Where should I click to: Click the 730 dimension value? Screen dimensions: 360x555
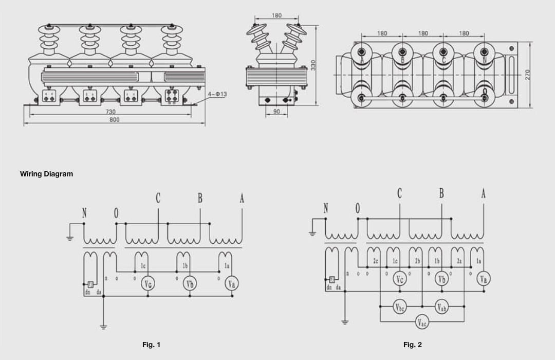[x=110, y=111]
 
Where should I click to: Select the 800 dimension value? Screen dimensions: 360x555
[x=114, y=119]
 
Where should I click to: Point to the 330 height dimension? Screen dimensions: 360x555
[x=313, y=65]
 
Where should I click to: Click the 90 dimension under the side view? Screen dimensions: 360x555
[x=276, y=111]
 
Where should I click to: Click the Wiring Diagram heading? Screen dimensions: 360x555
[x=46, y=174]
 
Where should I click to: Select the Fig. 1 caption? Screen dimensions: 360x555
[x=151, y=345]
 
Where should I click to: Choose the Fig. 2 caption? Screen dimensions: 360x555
[x=412, y=345]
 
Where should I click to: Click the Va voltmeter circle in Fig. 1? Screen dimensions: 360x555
[x=232, y=284]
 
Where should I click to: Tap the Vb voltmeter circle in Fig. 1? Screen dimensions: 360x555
[x=190, y=284]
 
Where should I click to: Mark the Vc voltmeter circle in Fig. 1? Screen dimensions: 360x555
[x=148, y=284]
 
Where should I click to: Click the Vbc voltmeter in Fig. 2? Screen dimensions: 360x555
[x=400, y=308]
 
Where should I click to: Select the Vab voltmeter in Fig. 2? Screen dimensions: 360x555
[x=441, y=308]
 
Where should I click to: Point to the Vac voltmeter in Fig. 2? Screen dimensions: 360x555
[x=421, y=322]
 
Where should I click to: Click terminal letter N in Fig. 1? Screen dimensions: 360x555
[x=84, y=213]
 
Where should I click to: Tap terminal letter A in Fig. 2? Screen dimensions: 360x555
[x=483, y=194]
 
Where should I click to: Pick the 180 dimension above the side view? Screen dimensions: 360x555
[x=276, y=15]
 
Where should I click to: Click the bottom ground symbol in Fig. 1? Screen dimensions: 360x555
[x=103, y=326]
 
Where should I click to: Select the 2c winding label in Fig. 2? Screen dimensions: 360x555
[x=376, y=261]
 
